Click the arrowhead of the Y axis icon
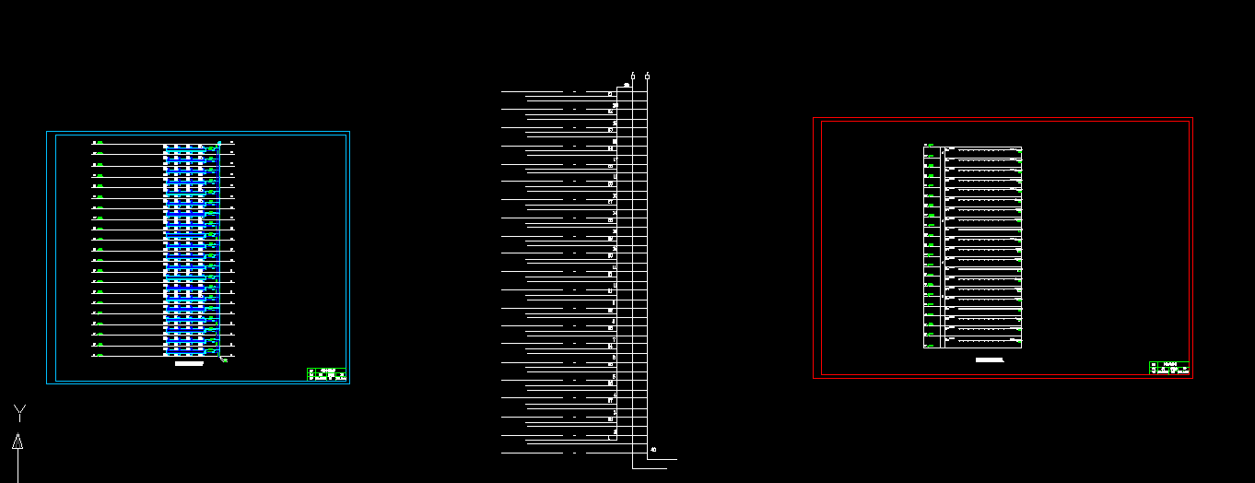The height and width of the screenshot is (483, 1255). tap(18, 441)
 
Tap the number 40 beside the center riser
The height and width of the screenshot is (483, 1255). tap(653, 450)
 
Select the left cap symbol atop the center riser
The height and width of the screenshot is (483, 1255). tap(633, 76)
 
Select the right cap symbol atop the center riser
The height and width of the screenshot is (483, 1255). tap(648, 76)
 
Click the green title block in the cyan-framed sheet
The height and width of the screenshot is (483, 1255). tap(326, 374)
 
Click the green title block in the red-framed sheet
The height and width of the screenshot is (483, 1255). tap(1169, 367)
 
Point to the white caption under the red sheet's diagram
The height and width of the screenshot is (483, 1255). tap(989, 359)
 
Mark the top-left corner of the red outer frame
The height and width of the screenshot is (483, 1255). tap(814, 118)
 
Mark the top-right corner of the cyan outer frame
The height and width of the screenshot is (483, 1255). tap(349, 132)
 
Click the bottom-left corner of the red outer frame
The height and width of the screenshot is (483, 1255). tap(814, 378)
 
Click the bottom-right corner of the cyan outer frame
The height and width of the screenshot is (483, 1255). tap(349, 383)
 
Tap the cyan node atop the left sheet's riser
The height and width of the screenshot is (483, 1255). tap(219, 142)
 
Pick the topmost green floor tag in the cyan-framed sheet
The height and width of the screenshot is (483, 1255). tap(100, 143)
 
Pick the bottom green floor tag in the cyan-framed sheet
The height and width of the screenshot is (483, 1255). tap(100, 355)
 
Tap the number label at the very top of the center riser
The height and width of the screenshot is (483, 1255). tap(627, 86)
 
